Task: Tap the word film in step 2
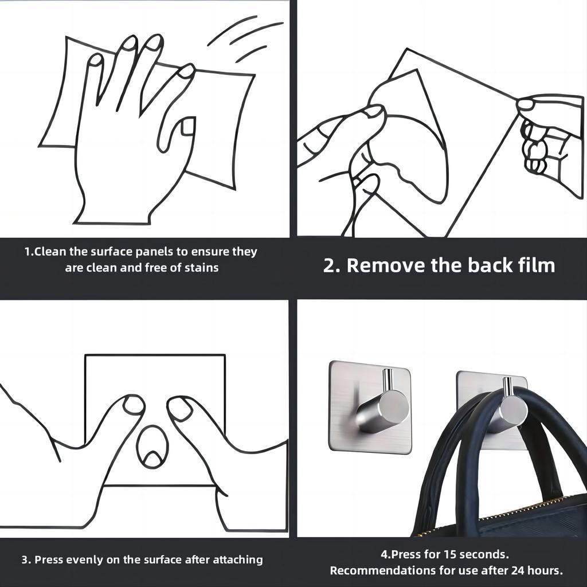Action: pos(537,265)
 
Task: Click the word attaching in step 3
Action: pos(238,560)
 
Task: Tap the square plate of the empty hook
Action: pos(370,407)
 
